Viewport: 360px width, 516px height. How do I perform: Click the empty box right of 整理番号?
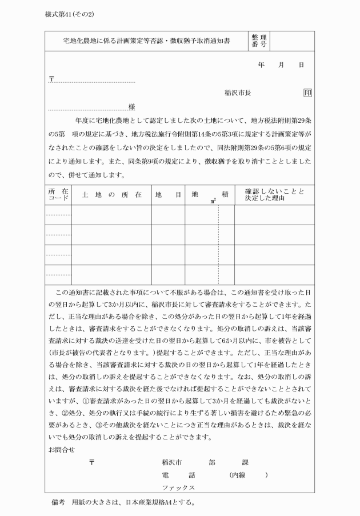click(292, 41)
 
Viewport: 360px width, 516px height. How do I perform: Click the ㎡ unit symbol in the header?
click(213, 201)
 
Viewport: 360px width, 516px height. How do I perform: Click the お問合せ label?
click(62, 449)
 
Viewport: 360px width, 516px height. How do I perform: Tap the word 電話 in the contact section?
click(171, 475)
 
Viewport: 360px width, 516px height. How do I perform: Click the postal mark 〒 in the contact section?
click(91, 462)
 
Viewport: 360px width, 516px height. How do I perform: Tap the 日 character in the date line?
click(301, 66)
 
